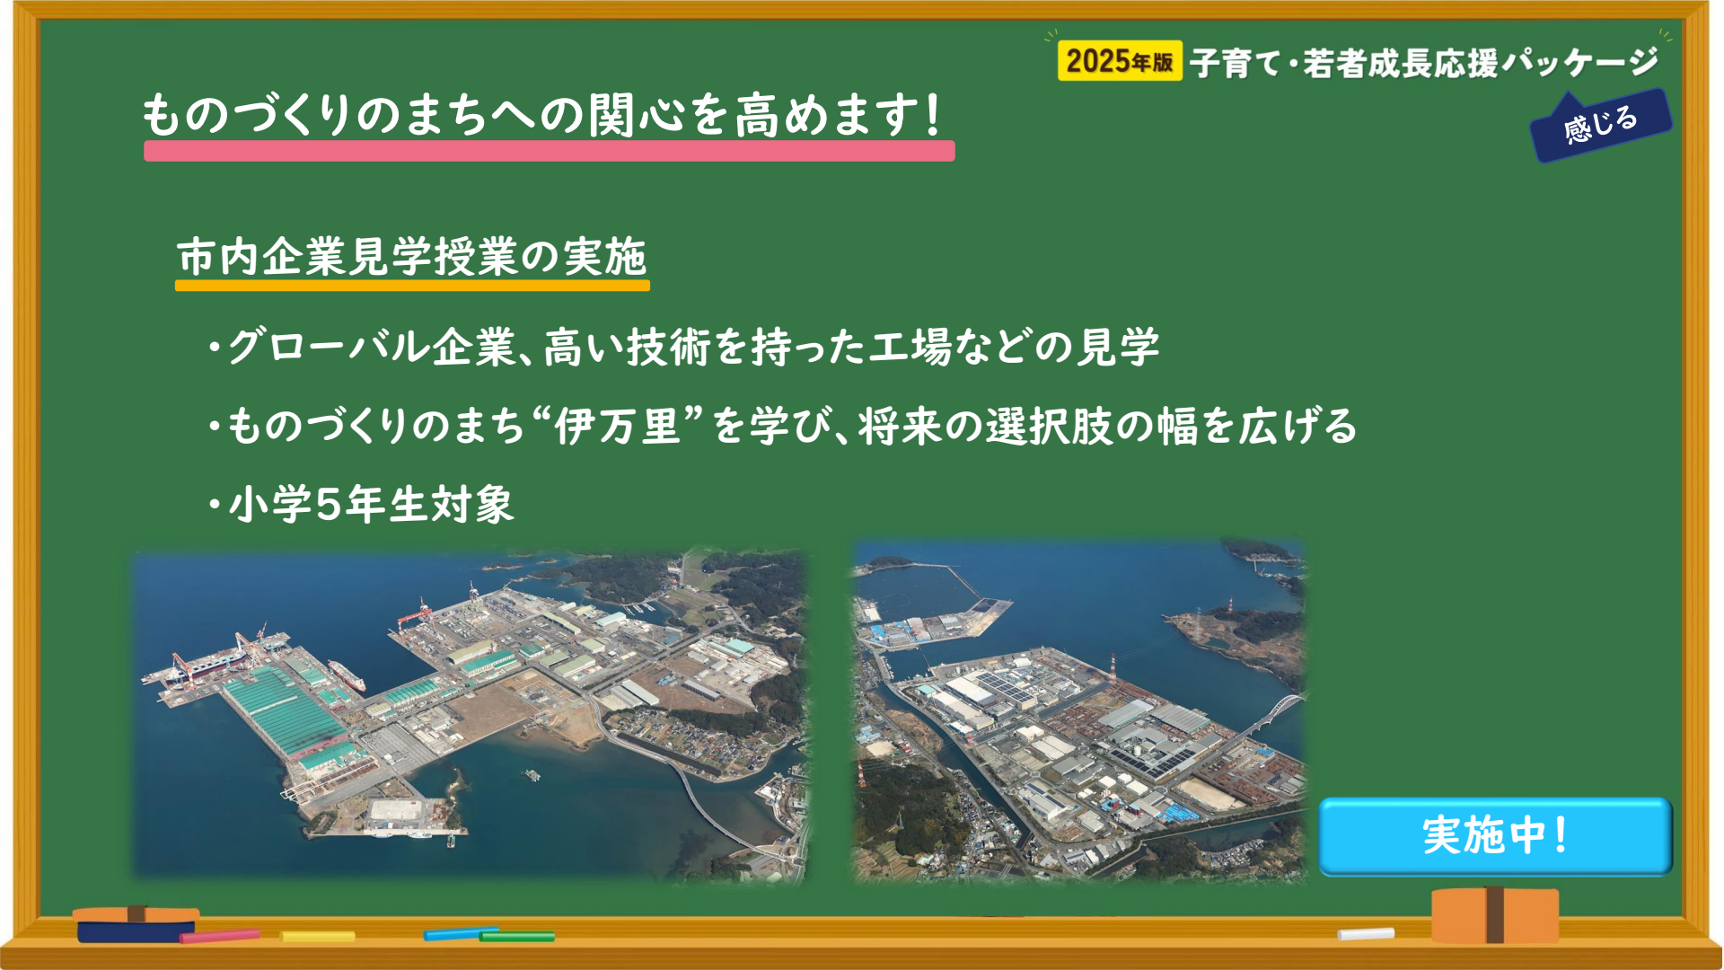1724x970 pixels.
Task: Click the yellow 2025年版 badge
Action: point(1120,61)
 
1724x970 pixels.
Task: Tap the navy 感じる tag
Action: point(1601,126)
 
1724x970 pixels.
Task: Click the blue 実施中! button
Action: point(1495,835)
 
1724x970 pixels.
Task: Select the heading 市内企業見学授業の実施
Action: point(412,257)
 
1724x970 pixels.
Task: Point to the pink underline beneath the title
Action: point(549,151)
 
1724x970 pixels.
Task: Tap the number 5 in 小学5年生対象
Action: point(329,504)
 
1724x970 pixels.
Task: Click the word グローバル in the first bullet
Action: point(328,347)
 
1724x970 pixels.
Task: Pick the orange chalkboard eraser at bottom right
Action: point(1495,914)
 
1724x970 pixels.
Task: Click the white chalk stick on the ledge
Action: point(1366,934)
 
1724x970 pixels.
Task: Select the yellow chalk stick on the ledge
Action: point(317,936)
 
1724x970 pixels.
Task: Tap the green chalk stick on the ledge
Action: point(517,937)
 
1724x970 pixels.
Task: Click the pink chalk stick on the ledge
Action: point(219,936)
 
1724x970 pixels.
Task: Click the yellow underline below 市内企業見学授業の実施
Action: point(412,286)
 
